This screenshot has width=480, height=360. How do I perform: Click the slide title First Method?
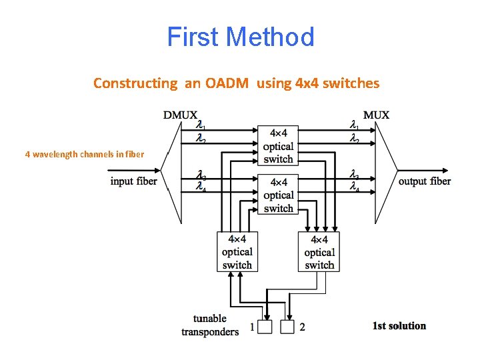(240, 37)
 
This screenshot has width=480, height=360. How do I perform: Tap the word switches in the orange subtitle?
(351, 83)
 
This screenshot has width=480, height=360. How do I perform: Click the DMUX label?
(180, 115)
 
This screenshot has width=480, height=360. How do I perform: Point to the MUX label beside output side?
(376, 115)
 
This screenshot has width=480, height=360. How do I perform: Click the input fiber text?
(133, 181)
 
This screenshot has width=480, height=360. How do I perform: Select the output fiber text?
(424, 181)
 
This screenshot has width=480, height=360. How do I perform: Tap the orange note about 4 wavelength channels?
(84, 155)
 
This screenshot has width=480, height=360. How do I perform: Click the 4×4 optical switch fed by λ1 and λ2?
(278, 145)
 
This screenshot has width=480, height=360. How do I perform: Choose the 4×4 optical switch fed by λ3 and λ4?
(278, 195)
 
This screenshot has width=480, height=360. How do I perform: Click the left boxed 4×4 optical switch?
(237, 251)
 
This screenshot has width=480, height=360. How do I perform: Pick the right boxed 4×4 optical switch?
(319, 251)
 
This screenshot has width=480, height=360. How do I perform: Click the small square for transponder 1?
(265, 327)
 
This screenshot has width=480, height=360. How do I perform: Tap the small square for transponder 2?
(287, 327)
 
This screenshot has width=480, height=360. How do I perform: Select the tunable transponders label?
(210, 325)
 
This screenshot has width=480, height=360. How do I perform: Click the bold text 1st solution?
(399, 326)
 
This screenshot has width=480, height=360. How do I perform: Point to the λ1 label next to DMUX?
(200, 125)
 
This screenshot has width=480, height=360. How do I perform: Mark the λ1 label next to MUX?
(355, 125)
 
